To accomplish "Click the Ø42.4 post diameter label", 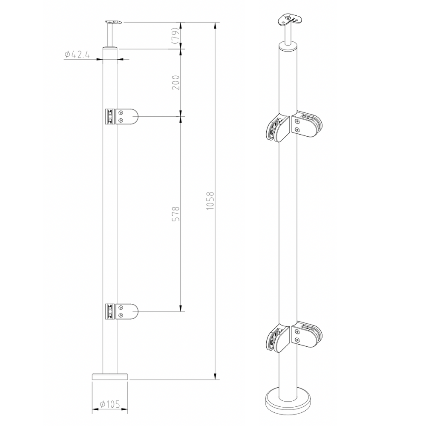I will (x=77, y=55).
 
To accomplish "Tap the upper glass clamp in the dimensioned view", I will (x=121, y=116).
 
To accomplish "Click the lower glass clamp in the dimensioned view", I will (x=121, y=312).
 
